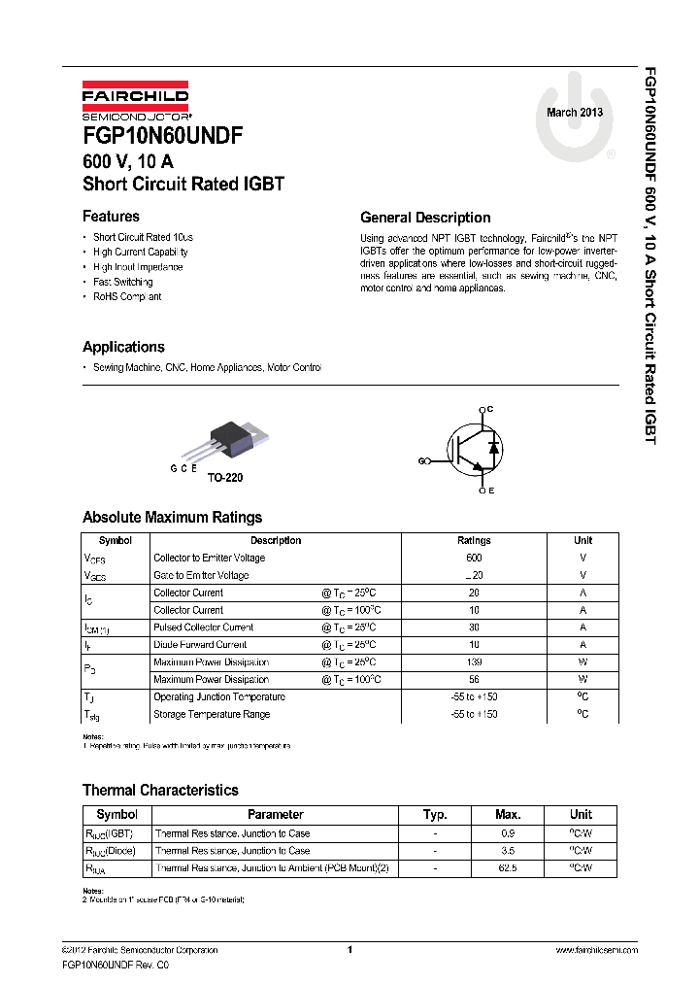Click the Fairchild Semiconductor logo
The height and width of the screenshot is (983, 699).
click(x=135, y=101)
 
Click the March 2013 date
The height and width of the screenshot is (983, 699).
click(x=575, y=113)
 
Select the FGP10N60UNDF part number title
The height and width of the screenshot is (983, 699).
click(x=162, y=135)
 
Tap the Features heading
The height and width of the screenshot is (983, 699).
click(x=111, y=217)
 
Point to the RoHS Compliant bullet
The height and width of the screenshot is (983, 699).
click(x=126, y=297)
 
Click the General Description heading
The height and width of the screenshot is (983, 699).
click(x=425, y=218)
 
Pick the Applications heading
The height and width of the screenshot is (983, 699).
click(x=123, y=347)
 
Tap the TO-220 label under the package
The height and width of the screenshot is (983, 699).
click(x=225, y=479)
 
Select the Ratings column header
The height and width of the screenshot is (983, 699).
click(x=474, y=541)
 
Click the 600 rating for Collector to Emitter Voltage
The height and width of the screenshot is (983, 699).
click(x=474, y=559)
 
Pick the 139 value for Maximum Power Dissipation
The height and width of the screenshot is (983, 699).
click(x=474, y=662)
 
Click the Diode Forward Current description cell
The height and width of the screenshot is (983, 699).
click(x=199, y=645)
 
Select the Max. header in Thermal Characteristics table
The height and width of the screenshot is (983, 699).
click(x=508, y=815)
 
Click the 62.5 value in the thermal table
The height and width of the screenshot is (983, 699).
click(x=508, y=868)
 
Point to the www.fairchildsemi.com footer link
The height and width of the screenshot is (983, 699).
click(x=596, y=950)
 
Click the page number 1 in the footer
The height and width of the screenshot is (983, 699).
click(x=349, y=950)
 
